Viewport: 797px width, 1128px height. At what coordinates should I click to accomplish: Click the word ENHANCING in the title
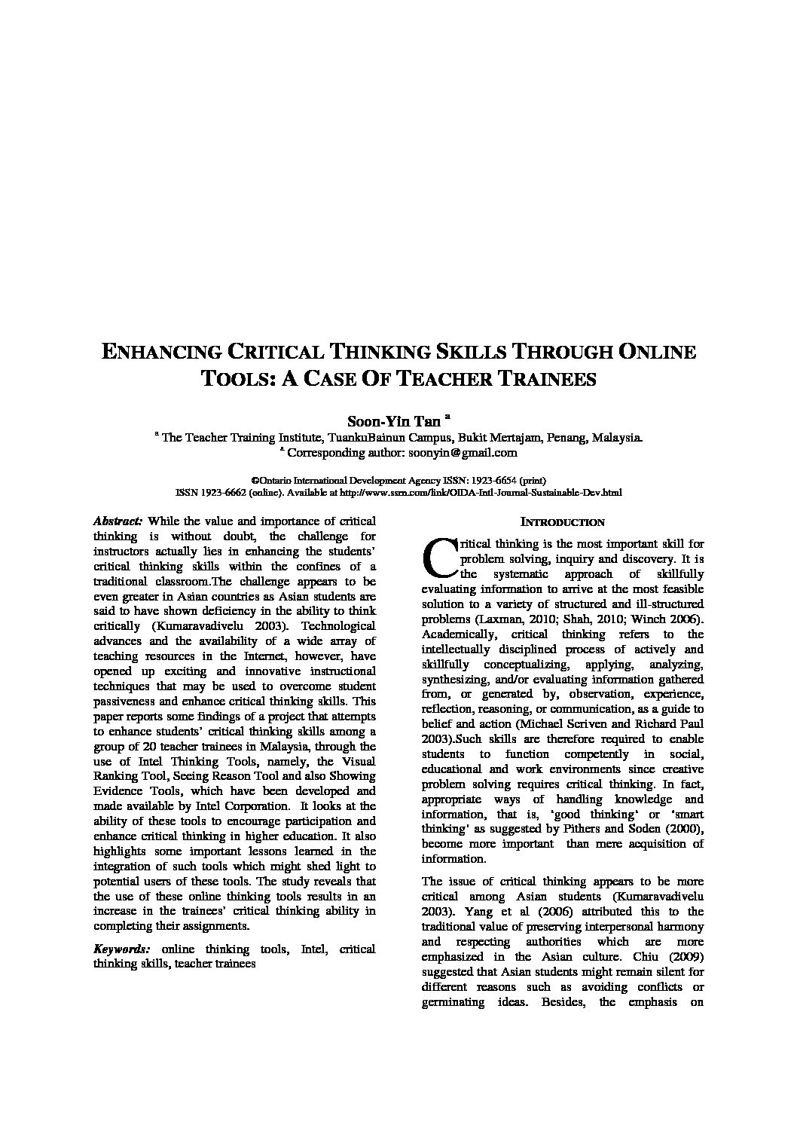pyautogui.click(x=160, y=352)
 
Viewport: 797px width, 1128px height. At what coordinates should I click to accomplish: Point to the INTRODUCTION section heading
pyautogui.click(x=563, y=521)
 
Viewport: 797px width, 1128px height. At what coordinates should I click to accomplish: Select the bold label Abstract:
pyautogui.click(x=118, y=521)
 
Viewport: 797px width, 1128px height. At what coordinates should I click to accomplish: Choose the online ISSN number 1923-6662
pyautogui.click(x=216, y=493)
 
